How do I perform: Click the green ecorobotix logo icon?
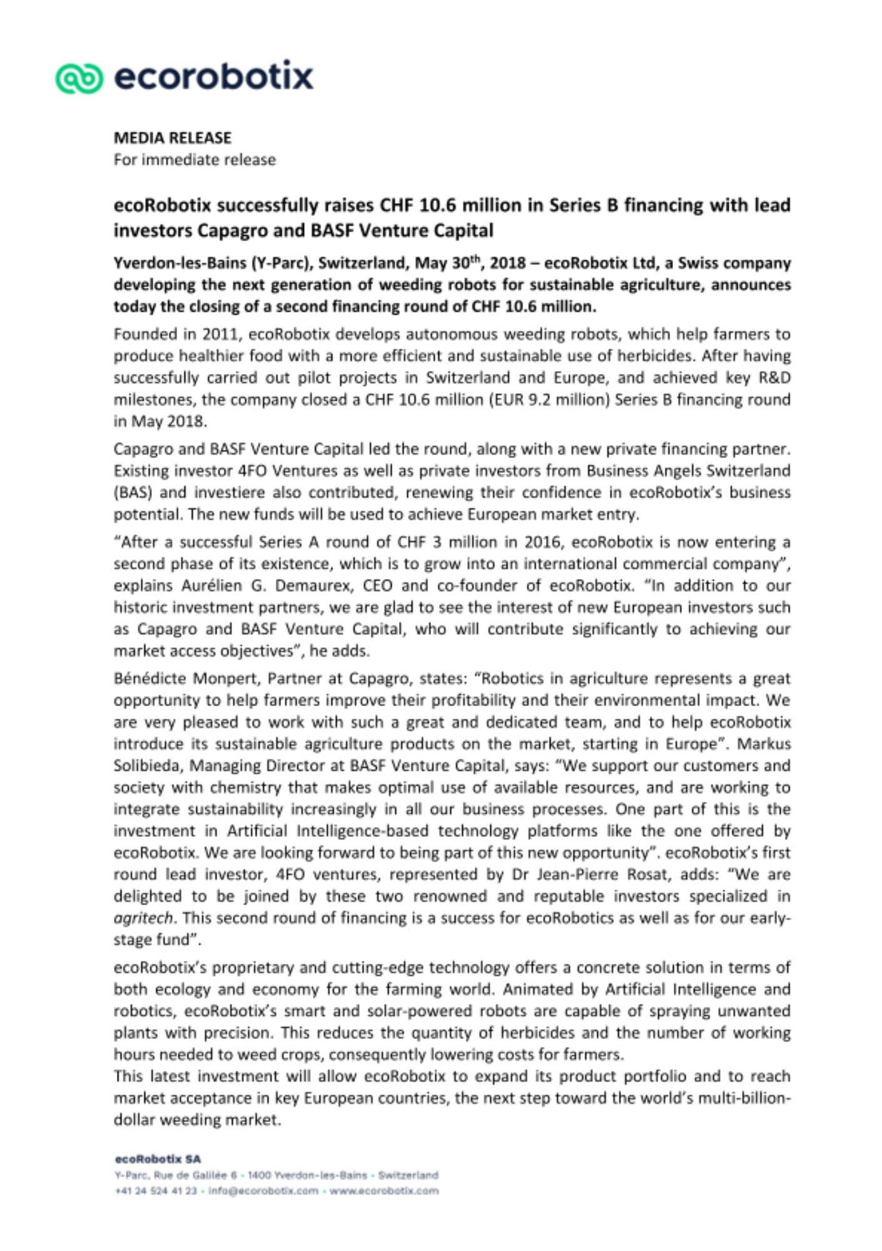[x=79, y=78]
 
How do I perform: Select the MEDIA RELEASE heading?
[x=173, y=138]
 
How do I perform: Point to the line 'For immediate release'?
[x=195, y=160]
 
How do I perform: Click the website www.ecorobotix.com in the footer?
[x=384, y=1191]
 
